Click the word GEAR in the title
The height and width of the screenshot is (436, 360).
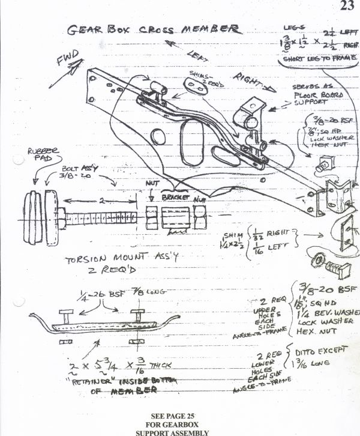(x=83, y=29)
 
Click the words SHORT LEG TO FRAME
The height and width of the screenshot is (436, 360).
(x=314, y=60)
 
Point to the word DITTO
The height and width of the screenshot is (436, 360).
(x=310, y=351)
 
